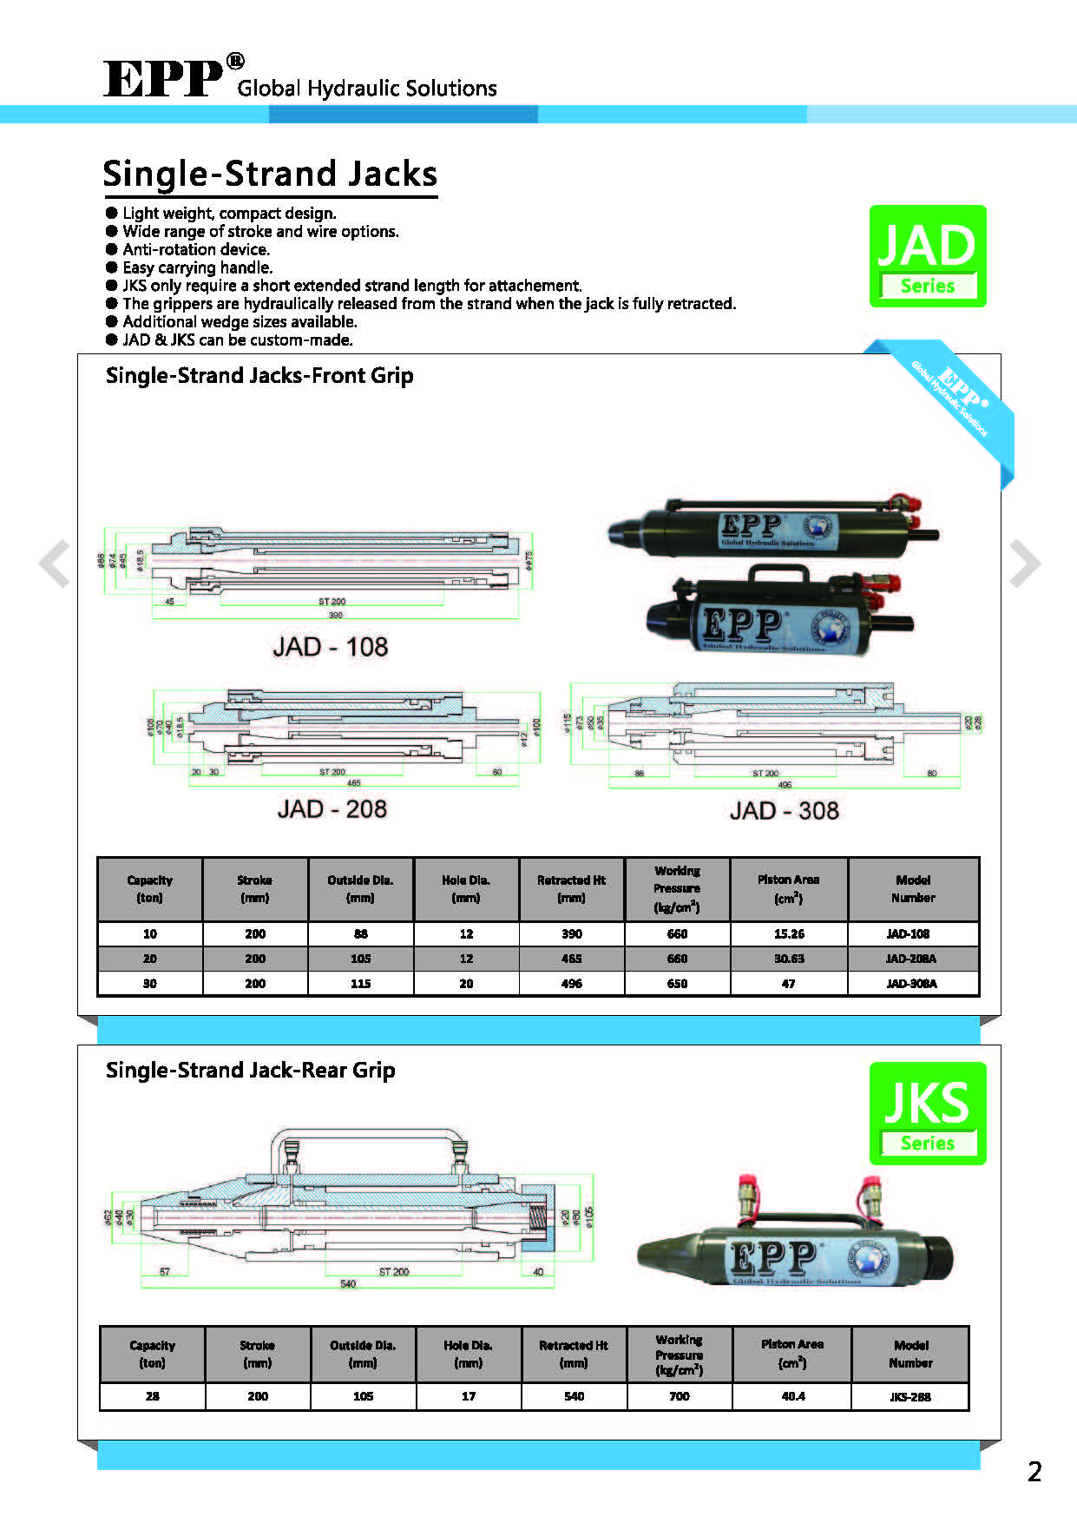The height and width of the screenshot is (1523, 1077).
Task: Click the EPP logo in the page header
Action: pos(163,79)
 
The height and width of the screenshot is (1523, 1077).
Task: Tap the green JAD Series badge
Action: pos(928,256)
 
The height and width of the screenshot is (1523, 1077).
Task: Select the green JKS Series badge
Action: pos(928,1113)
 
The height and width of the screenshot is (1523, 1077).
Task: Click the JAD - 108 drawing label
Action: pos(331,647)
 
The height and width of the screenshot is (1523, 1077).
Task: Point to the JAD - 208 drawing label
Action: pos(332,809)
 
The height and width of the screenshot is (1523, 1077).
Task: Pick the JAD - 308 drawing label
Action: pos(784,811)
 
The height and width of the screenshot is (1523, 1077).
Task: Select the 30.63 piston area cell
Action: pos(788,959)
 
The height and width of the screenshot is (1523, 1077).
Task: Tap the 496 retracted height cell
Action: pos(571,984)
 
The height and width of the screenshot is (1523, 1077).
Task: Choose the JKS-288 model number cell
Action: pos(910,1397)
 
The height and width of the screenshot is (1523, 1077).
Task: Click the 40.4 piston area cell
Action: pos(792,1396)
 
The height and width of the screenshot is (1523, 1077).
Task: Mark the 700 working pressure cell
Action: pos(679,1396)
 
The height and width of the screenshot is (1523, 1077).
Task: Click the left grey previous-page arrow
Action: pos(55,564)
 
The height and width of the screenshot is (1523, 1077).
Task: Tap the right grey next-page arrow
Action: pos(1024,564)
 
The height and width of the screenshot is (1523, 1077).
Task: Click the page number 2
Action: pos(1034,1472)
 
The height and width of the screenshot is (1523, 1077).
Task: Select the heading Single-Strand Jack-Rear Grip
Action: pos(250,1071)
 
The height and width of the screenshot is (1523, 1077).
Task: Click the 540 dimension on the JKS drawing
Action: pos(347,1284)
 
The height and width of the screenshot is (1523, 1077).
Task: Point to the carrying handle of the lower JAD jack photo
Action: pos(778,576)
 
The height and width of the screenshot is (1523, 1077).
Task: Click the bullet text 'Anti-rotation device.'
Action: pos(196,249)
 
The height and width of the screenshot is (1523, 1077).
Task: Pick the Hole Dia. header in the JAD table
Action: pos(466,888)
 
